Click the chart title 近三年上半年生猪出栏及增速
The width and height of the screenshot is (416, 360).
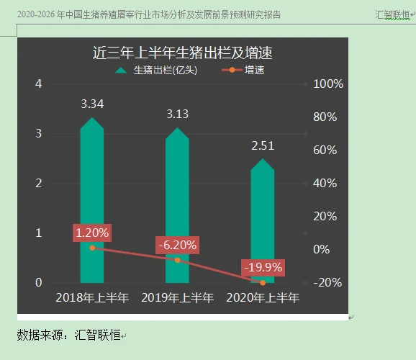coord(186,53)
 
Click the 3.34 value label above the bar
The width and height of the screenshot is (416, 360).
coord(92,104)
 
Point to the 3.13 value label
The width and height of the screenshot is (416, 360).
coord(177,114)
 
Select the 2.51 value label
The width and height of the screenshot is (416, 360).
coord(263,146)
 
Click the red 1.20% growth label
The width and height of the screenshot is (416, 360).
coord(92,233)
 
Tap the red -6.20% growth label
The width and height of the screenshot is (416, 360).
coord(177,245)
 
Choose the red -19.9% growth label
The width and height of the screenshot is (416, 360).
coord(263,268)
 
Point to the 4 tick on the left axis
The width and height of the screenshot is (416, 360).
coord(39,84)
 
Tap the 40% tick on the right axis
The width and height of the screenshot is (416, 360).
coord(328,184)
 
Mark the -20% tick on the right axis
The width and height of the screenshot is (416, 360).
coord(328,283)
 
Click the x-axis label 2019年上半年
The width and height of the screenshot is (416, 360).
coord(177,297)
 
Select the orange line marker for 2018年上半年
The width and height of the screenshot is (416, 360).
coord(92,248)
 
